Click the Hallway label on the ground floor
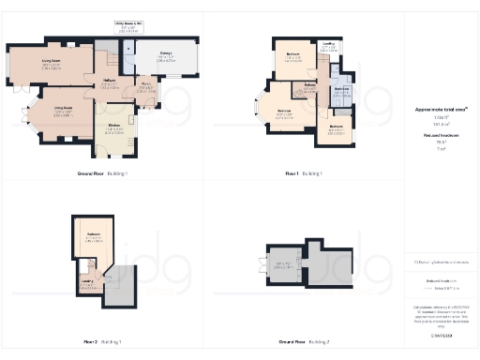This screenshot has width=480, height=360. [109, 81]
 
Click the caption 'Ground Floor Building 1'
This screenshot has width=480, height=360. [103, 174]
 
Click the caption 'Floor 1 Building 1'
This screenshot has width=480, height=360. [305, 174]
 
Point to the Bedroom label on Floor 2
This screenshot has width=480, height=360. [93, 233]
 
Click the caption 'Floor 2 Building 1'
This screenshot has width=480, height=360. [103, 342]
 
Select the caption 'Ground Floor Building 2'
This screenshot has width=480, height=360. [305, 342]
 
